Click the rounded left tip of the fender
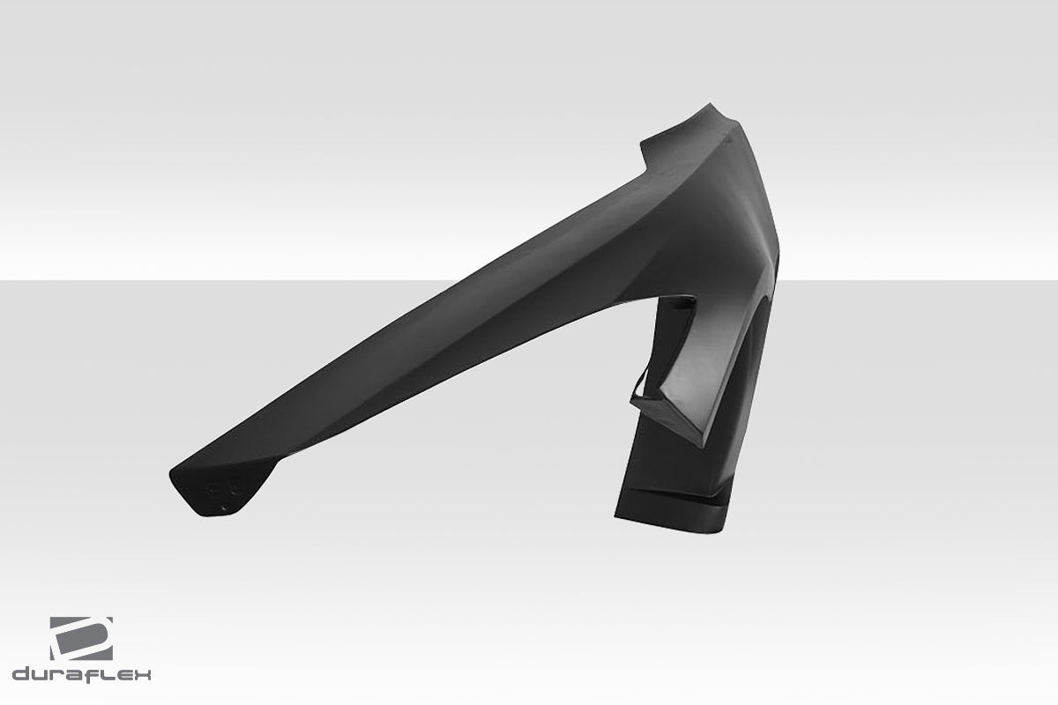tap(176, 477)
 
